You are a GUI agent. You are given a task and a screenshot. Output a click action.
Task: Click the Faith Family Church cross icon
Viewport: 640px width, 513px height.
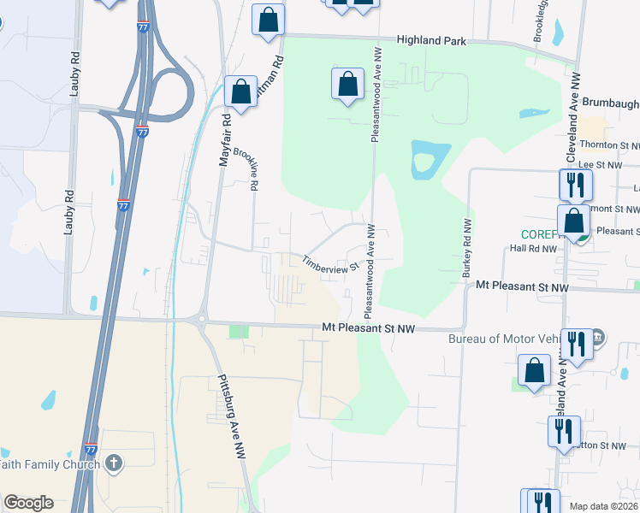pyautogui.click(x=113, y=464)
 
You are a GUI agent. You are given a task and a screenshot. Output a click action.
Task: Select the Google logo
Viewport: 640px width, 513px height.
pyautogui.click(x=28, y=503)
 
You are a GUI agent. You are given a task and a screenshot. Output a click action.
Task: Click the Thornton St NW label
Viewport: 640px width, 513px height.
pyautogui.click(x=609, y=145)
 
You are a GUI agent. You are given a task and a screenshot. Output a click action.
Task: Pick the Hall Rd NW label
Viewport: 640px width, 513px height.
pyautogui.click(x=532, y=249)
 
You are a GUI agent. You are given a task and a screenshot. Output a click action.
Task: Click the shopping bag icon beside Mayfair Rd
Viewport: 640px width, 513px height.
pyautogui.click(x=241, y=91)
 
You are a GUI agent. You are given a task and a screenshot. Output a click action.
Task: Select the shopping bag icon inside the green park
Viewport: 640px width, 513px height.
pyautogui.click(x=347, y=85)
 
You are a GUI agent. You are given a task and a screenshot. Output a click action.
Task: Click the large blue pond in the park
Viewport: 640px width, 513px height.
pyautogui.click(x=428, y=159)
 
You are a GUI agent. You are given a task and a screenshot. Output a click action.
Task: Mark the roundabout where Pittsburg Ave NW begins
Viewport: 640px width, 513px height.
pyautogui.click(x=203, y=321)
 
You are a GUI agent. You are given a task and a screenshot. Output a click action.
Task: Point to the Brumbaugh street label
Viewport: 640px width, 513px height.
pyautogui.click(x=610, y=102)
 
